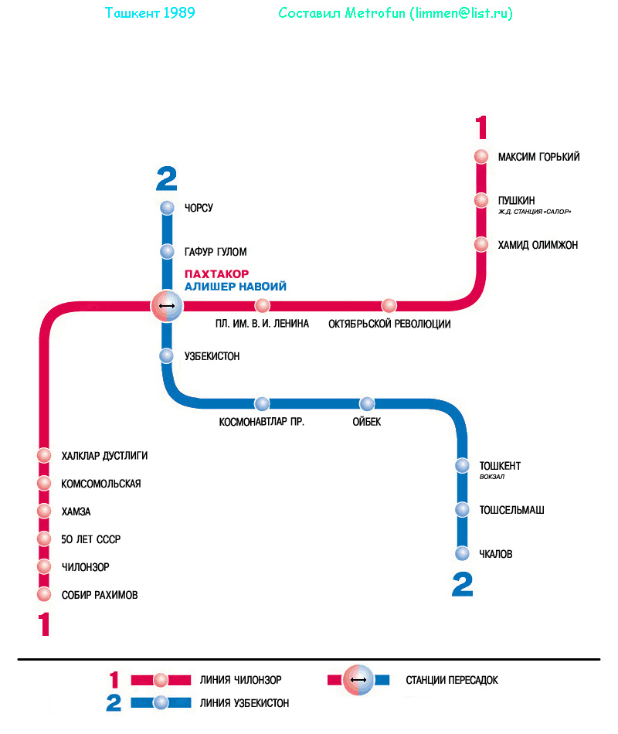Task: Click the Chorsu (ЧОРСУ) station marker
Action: point(167,208)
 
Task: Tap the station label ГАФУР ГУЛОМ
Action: point(216,252)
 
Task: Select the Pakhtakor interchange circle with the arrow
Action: point(166,306)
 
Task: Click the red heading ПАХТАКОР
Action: point(216,274)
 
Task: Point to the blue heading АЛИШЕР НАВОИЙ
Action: point(236,287)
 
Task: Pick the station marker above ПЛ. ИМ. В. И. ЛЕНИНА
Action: point(263,305)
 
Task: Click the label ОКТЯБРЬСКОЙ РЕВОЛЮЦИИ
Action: point(389,324)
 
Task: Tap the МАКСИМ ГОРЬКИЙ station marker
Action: point(481,157)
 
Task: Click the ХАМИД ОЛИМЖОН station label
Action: point(538,245)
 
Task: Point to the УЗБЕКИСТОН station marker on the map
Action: point(167,356)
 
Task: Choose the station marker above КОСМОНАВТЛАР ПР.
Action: point(263,403)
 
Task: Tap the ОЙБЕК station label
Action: point(367,422)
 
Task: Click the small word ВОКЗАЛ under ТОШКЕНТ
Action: point(491,477)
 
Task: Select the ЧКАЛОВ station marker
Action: point(462,553)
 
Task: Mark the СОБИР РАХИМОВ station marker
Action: point(44,595)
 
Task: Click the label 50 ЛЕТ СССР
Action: point(91,539)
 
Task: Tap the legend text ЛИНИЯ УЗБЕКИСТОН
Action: point(244,703)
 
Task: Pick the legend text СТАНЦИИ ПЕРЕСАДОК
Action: point(452,680)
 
